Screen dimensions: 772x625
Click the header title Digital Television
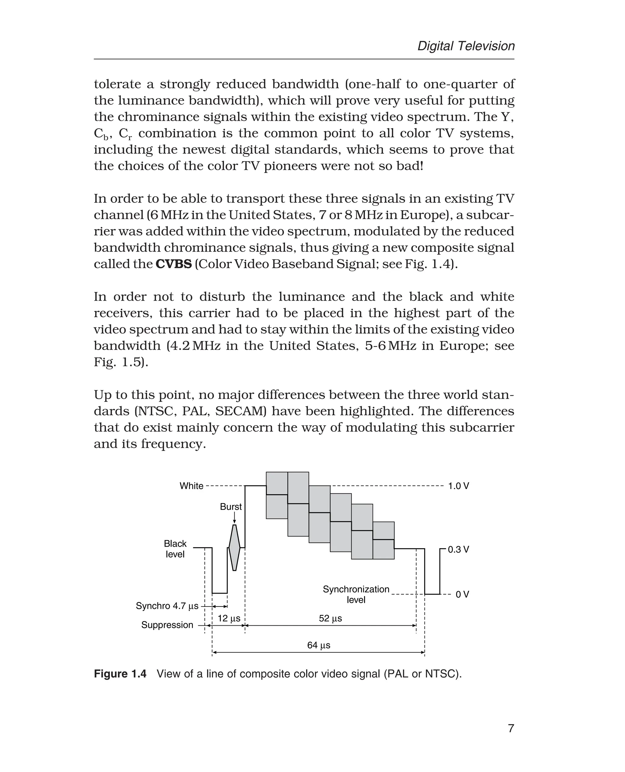tap(466, 46)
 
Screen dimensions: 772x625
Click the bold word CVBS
tap(174, 264)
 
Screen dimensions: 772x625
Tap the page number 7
tap(511, 728)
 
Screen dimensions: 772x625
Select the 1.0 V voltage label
tap(458, 486)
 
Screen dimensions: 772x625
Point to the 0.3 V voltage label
tap(458, 549)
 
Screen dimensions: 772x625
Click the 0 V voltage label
tap(462, 594)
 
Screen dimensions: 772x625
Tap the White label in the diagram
tap(192, 486)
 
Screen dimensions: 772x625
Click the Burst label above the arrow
tap(231, 506)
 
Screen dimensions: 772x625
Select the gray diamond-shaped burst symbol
tap(234, 548)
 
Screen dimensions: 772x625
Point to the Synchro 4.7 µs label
tap(167, 606)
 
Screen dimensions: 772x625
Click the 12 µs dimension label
tap(229, 618)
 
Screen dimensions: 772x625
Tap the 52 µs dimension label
tap(330, 618)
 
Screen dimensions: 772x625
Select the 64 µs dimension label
tap(319, 645)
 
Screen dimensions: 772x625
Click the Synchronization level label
tap(356, 594)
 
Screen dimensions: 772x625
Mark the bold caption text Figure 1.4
tap(120, 674)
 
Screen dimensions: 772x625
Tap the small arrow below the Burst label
tap(234, 518)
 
